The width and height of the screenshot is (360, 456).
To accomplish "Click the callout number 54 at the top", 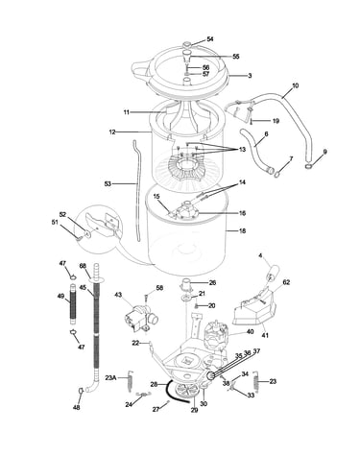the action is tap(210, 39).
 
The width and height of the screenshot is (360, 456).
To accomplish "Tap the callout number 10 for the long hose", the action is tap(295, 85).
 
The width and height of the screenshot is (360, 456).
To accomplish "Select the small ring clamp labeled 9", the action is tap(309, 166).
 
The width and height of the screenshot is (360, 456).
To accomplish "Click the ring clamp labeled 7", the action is tap(276, 174).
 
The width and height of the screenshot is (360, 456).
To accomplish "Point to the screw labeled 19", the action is tap(252, 122).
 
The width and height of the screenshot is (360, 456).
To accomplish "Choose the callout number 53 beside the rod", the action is tap(108, 183).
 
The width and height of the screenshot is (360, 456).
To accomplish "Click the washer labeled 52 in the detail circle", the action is tap(86, 234).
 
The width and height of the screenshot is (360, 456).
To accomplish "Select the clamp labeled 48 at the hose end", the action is tap(80, 391).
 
